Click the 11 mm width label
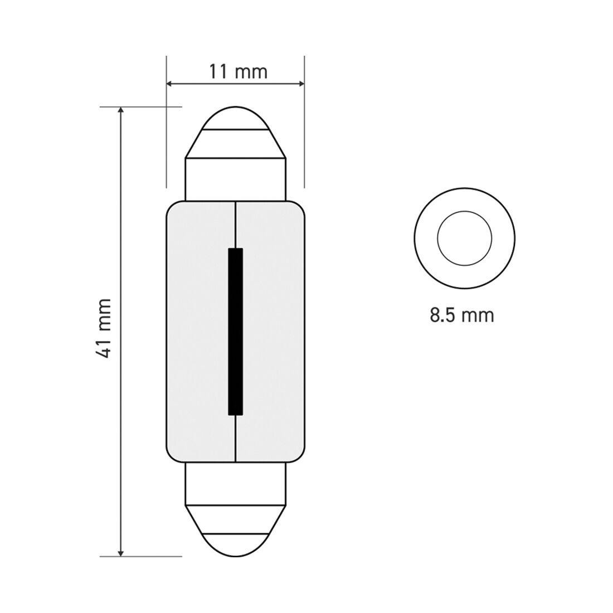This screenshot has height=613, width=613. pos(238,72)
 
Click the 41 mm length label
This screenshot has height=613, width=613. pos(105,328)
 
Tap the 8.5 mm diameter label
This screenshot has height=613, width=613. pos(461,315)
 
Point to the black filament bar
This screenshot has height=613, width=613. pos(236,332)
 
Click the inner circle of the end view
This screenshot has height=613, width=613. pos(464,239)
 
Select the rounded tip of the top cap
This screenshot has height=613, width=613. pos(236,118)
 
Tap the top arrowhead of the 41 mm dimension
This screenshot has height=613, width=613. pos(121,110)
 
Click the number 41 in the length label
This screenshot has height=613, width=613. pos(105,347)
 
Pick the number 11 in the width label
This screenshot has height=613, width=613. pos(219,72)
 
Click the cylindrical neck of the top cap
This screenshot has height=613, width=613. pos(236,179)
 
